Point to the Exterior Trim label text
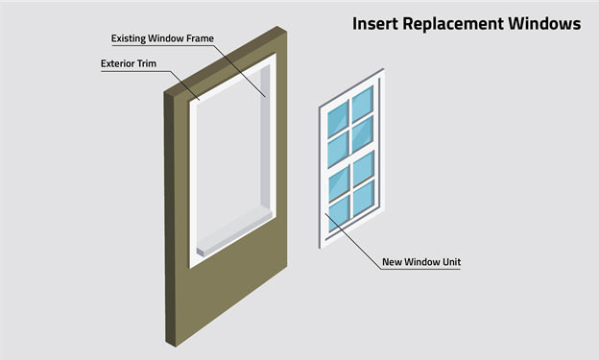[130, 65]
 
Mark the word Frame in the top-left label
[198, 39]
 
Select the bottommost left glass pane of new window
[338, 211]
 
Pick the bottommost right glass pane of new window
[362, 199]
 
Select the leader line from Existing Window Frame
[240, 67]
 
